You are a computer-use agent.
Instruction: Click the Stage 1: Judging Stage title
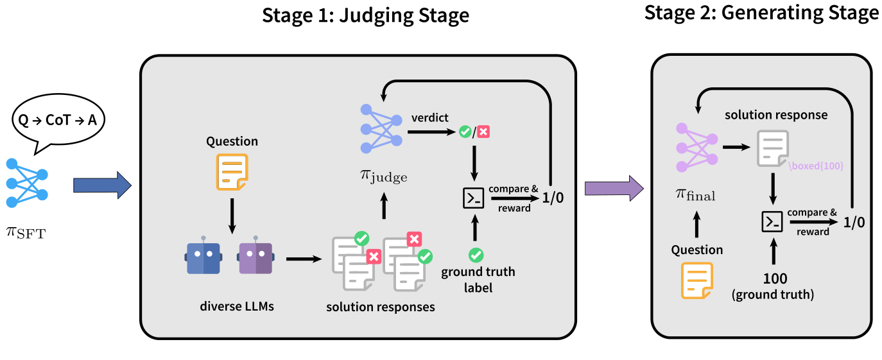(365, 15)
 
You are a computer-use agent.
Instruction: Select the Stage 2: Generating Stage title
(762, 13)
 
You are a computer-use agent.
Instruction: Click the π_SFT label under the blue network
(26, 232)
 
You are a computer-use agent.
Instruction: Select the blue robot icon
(203, 258)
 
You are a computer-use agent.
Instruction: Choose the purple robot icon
(255, 258)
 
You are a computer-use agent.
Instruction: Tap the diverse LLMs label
(236, 306)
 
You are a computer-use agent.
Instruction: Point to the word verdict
(429, 118)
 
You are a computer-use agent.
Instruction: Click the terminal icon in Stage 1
(474, 198)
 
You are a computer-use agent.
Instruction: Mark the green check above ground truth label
(476, 255)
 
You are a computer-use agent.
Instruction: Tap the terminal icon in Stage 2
(772, 221)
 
